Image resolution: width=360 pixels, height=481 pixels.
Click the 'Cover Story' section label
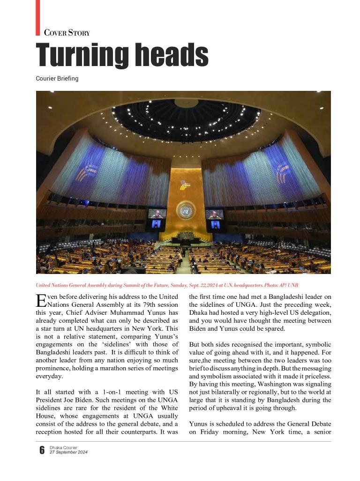[67, 33]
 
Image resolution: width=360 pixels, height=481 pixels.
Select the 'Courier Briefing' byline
[57, 79]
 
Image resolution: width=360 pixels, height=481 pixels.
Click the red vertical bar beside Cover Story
[38, 17]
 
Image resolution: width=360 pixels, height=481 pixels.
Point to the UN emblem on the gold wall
[186, 209]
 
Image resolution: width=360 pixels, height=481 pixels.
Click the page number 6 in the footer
[42, 450]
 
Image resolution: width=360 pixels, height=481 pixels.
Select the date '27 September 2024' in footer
[68, 452]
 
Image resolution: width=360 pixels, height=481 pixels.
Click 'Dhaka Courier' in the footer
[64, 447]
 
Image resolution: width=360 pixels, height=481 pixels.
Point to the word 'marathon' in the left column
[124, 368]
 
